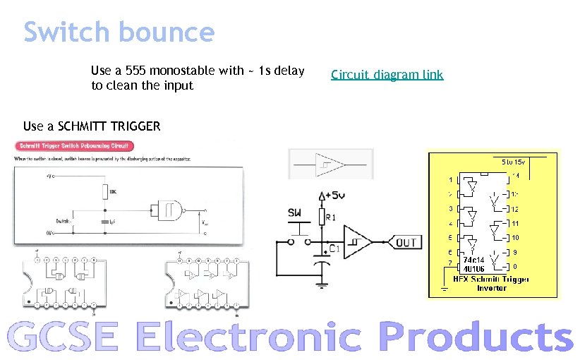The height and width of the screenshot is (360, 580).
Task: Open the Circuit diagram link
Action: tap(387, 75)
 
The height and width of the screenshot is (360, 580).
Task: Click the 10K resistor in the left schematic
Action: tap(104, 191)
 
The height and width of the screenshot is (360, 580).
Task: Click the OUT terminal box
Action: tap(406, 243)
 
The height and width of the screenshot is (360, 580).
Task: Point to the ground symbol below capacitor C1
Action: tap(322, 284)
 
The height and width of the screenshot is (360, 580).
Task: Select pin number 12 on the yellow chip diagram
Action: tap(515, 209)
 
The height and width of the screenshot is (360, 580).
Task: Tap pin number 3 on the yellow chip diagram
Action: tap(450, 208)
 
